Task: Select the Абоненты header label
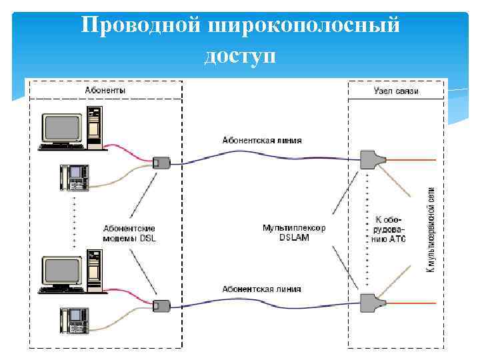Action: tap(105, 90)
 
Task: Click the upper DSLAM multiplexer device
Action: tap(369, 159)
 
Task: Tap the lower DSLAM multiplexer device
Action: tap(369, 302)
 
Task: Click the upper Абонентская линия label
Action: tap(262, 141)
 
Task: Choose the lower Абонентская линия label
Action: tap(262, 289)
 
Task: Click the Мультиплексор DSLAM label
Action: tap(294, 233)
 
